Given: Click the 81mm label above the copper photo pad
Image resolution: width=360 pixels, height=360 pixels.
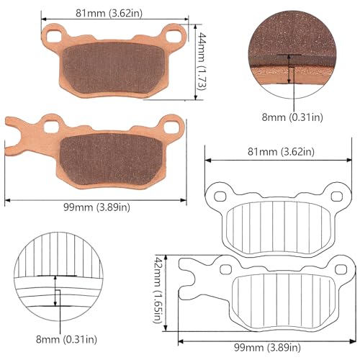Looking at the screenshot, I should pos(109,12).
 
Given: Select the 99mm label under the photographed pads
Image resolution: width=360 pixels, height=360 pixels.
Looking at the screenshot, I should pos(95,207).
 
